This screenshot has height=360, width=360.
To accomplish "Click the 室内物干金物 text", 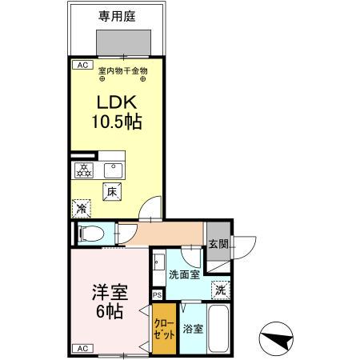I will (x=122, y=70).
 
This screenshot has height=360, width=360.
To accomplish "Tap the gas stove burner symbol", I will (x=83, y=169).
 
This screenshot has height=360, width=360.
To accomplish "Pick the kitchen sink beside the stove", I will (x=110, y=169).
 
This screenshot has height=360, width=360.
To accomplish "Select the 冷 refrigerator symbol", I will (x=81, y=208).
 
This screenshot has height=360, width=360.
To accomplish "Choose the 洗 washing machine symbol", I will (x=218, y=290).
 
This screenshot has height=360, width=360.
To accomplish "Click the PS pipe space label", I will (x=157, y=293).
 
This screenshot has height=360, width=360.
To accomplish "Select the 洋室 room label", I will (x=110, y=291).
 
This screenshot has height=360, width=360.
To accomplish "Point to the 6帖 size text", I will (x=110, y=311).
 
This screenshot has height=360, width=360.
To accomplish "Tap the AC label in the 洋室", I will (x=82, y=347).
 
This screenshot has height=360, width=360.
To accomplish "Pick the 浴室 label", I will (x=191, y=328).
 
